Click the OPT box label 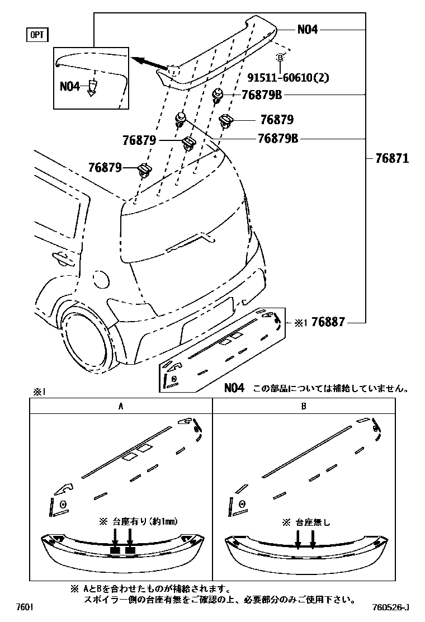(x=37, y=35)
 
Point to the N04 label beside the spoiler (x=307, y=29)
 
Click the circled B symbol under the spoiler (x=280, y=57)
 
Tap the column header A (x=120, y=407)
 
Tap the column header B (x=303, y=407)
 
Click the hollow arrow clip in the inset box (x=93, y=87)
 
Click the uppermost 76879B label (x=261, y=95)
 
